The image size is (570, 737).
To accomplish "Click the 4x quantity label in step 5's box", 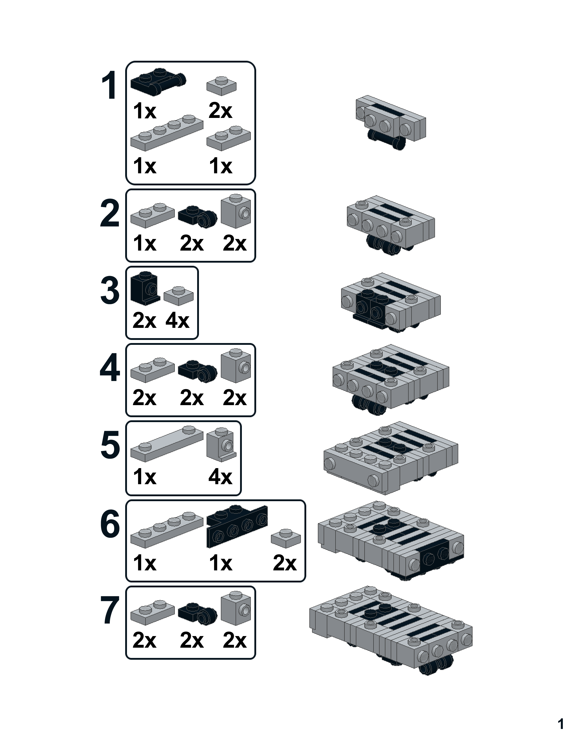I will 220,477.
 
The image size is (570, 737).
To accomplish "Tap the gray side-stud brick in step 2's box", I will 236,211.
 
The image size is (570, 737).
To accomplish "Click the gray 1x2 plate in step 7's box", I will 152,611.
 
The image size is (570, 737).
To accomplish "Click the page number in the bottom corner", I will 561,724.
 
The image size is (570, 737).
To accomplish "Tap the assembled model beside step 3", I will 391,302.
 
